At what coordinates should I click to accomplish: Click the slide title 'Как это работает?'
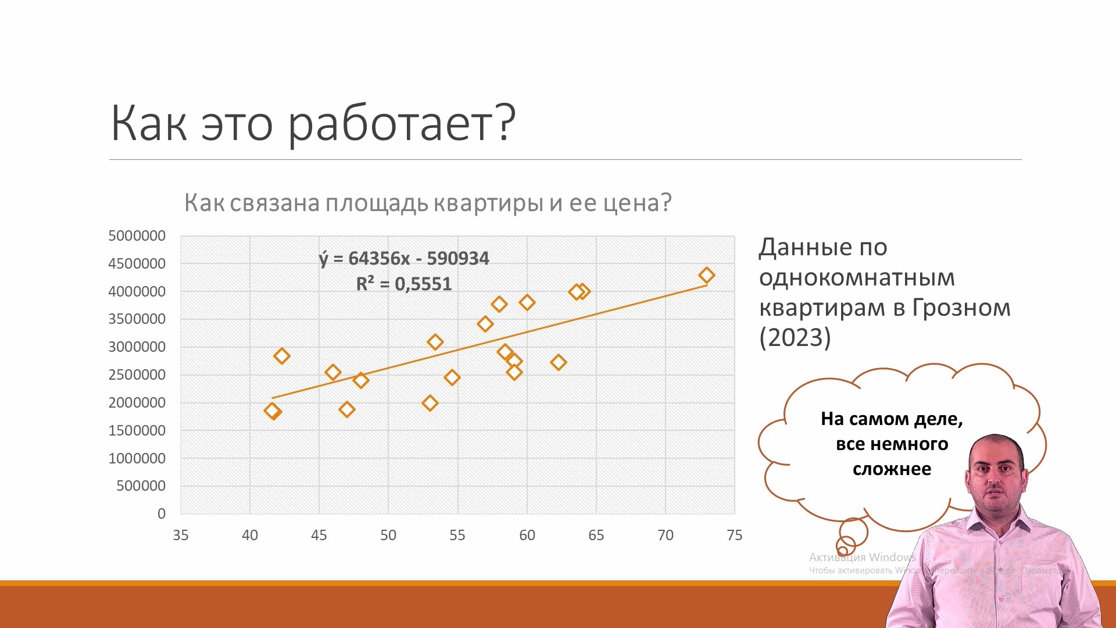pyautogui.click(x=313, y=123)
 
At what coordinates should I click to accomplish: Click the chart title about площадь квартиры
pyautogui.click(x=428, y=203)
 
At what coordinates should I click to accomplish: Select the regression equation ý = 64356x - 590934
pyautogui.click(x=405, y=258)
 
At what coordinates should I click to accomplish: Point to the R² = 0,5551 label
pyautogui.click(x=403, y=284)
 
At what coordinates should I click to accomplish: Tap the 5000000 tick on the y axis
pyautogui.click(x=137, y=235)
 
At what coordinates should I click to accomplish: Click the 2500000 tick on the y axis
pyautogui.click(x=137, y=374)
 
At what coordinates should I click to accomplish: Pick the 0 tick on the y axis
pyautogui.click(x=161, y=513)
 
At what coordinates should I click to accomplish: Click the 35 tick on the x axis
pyautogui.click(x=180, y=535)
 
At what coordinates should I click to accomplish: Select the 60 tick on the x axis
pyautogui.click(x=527, y=535)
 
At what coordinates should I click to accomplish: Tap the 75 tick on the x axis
pyautogui.click(x=734, y=535)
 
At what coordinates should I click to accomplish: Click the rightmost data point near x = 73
pyautogui.click(x=706, y=275)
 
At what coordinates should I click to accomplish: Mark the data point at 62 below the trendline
pyautogui.click(x=558, y=362)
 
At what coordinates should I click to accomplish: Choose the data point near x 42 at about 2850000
pyautogui.click(x=281, y=356)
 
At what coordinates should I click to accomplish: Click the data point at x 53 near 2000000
pyautogui.click(x=430, y=403)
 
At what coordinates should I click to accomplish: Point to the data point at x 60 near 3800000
pyautogui.click(x=527, y=302)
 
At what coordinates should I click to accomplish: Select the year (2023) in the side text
pyautogui.click(x=795, y=338)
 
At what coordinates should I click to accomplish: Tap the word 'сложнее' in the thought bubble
pyautogui.click(x=892, y=469)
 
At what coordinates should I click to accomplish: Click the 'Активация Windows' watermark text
pyautogui.click(x=861, y=557)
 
